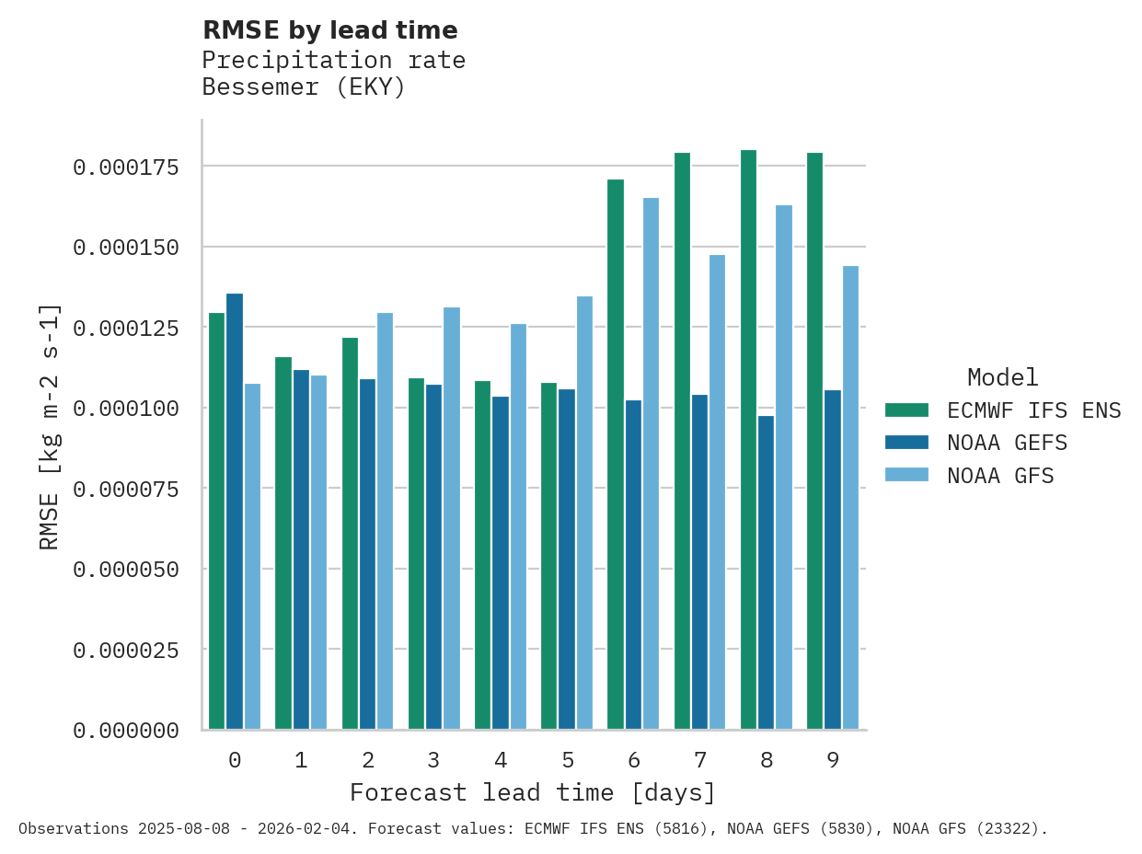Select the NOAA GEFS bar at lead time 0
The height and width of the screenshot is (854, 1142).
[x=235, y=512]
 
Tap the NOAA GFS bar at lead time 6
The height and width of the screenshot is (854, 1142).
[x=651, y=464]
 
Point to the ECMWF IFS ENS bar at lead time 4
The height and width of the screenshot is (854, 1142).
[x=482, y=555]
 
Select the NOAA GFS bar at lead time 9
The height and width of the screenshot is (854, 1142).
[x=850, y=498]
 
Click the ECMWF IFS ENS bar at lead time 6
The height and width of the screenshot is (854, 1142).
[x=616, y=455]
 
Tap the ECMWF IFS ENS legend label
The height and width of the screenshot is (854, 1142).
[x=1033, y=410]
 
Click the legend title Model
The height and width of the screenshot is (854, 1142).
[x=1002, y=377]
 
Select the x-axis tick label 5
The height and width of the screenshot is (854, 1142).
[x=567, y=760]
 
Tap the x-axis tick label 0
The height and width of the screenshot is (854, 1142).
[x=235, y=760]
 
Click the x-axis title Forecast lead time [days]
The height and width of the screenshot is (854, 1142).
[x=533, y=792]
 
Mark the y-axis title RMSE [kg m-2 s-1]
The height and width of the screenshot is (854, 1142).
[x=50, y=426]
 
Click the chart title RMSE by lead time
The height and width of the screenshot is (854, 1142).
[x=329, y=30]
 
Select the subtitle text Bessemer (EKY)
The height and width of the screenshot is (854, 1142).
[x=304, y=87]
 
